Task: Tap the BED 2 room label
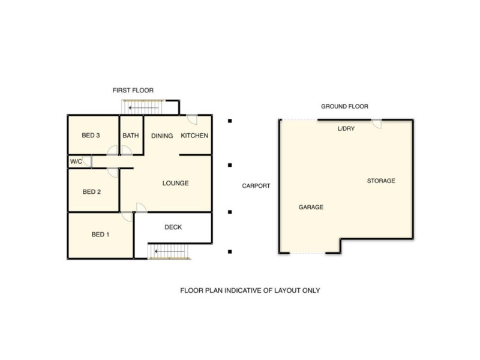tap(91, 192)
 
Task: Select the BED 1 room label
tap(100, 235)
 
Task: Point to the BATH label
tap(131, 136)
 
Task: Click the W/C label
tap(76, 161)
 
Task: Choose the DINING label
tap(162, 136)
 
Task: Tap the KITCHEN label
tap(194, 136)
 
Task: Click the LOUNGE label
tap(176, 183)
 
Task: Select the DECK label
tap(173, 227)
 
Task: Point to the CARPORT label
tap(256, 186)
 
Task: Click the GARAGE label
tap(311, 207)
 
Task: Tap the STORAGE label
tap(381, 181)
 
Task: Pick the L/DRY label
tap(346, 128)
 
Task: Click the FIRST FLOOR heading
tap(133, 90)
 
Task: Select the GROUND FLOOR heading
tap(344, 106)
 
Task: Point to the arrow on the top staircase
tap(143, 107)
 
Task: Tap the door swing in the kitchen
tap(192, 119)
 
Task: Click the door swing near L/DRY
tap(376, 124)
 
